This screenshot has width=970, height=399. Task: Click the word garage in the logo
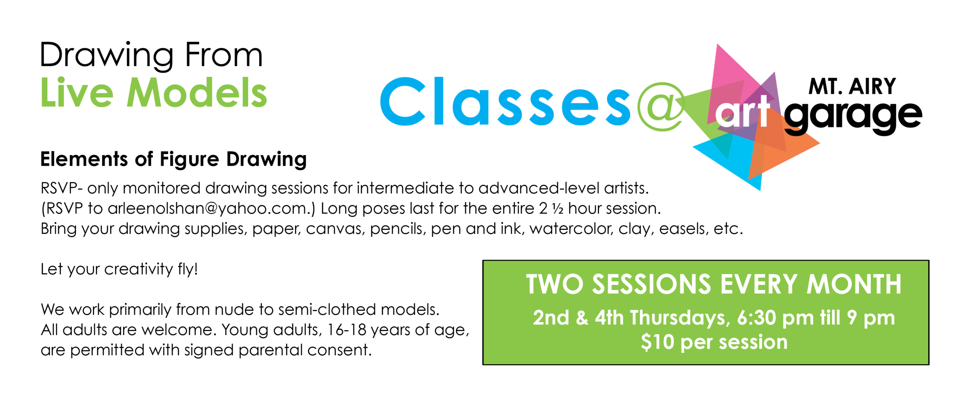853,117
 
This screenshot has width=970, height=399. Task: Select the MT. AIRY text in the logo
852,86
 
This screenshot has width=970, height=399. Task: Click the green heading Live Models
153,93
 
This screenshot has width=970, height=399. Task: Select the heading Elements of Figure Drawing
174,159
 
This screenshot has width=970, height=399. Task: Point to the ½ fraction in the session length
557,208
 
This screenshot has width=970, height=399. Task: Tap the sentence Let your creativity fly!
119,269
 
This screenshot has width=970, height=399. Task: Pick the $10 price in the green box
657,342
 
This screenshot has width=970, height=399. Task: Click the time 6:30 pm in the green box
775,318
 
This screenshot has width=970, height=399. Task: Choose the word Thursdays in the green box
680,318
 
